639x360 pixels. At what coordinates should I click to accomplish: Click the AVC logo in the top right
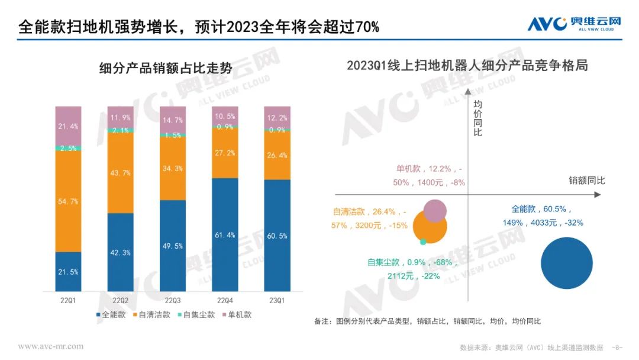coord(574,24)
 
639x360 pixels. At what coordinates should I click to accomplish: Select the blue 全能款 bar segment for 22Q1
coord(68,272)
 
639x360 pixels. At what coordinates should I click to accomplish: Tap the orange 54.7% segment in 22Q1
coord(68,201)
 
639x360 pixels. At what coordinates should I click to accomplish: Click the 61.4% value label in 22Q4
coord(225,235)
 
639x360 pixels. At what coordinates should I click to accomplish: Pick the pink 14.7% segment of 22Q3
coord(173,120)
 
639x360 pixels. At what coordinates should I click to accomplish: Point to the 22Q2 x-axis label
coord(121,301)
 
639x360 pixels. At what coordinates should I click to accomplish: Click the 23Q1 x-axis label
coord(277,301)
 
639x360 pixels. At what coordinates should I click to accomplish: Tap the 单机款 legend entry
coord(236,315)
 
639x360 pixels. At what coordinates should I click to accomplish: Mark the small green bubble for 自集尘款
coord(423,242)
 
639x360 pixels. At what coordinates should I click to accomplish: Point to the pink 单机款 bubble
coord(435,211)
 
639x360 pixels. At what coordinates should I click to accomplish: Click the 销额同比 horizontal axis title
coord(587,180)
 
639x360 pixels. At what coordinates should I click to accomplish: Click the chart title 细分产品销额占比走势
coord(166,69)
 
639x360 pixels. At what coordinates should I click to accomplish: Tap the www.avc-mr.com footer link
coord(51,346)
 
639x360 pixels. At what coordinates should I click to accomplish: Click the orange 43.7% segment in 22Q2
coord(121,173)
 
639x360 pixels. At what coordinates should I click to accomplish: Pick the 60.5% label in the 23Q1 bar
coord(277,236)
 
